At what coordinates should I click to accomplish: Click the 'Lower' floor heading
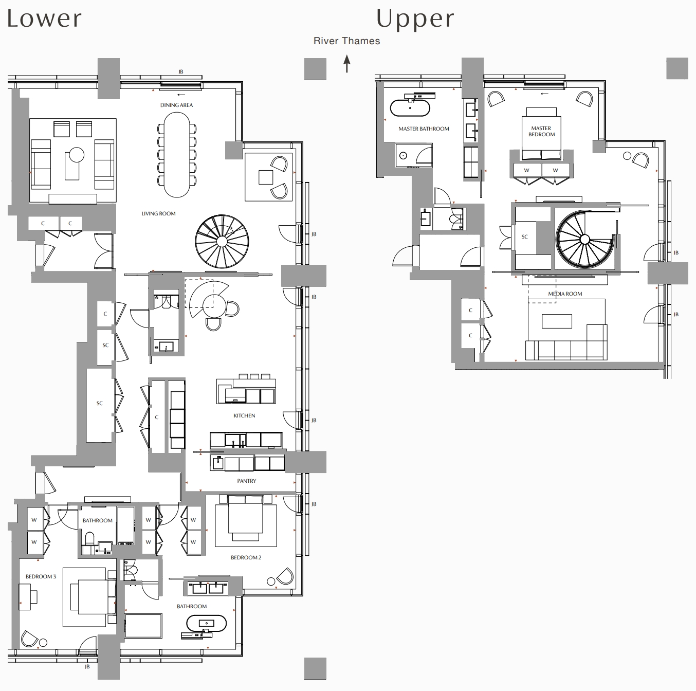coord(44,19)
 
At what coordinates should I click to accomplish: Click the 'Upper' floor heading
coord(415,19)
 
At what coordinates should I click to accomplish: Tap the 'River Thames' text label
coord(346,41)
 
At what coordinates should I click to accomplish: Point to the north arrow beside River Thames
coord(347,64)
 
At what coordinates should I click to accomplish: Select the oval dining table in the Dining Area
coord(176,154)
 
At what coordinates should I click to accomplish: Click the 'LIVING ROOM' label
coord(158,213)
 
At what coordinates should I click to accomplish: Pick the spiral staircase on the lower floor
coord(222,241)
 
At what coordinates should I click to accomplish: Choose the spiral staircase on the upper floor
coord(584,239)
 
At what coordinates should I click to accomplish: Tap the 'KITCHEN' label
coord(244,415)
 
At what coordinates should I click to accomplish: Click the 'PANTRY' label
coord(247,481)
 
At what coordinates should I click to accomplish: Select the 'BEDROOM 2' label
coord(246,557)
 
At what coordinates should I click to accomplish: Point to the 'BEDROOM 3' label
coord(41,576)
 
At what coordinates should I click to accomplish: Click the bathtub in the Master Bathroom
coord(410,108)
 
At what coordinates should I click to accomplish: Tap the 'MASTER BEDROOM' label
coord(541,131)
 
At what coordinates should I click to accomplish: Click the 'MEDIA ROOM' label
coord(565,294)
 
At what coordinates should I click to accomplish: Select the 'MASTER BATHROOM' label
coord(424,129)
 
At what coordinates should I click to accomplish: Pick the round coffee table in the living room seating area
coord(77,155)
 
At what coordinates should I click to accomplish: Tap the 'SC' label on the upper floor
coord(524,237)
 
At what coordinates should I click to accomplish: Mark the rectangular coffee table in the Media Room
coord(557,321)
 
